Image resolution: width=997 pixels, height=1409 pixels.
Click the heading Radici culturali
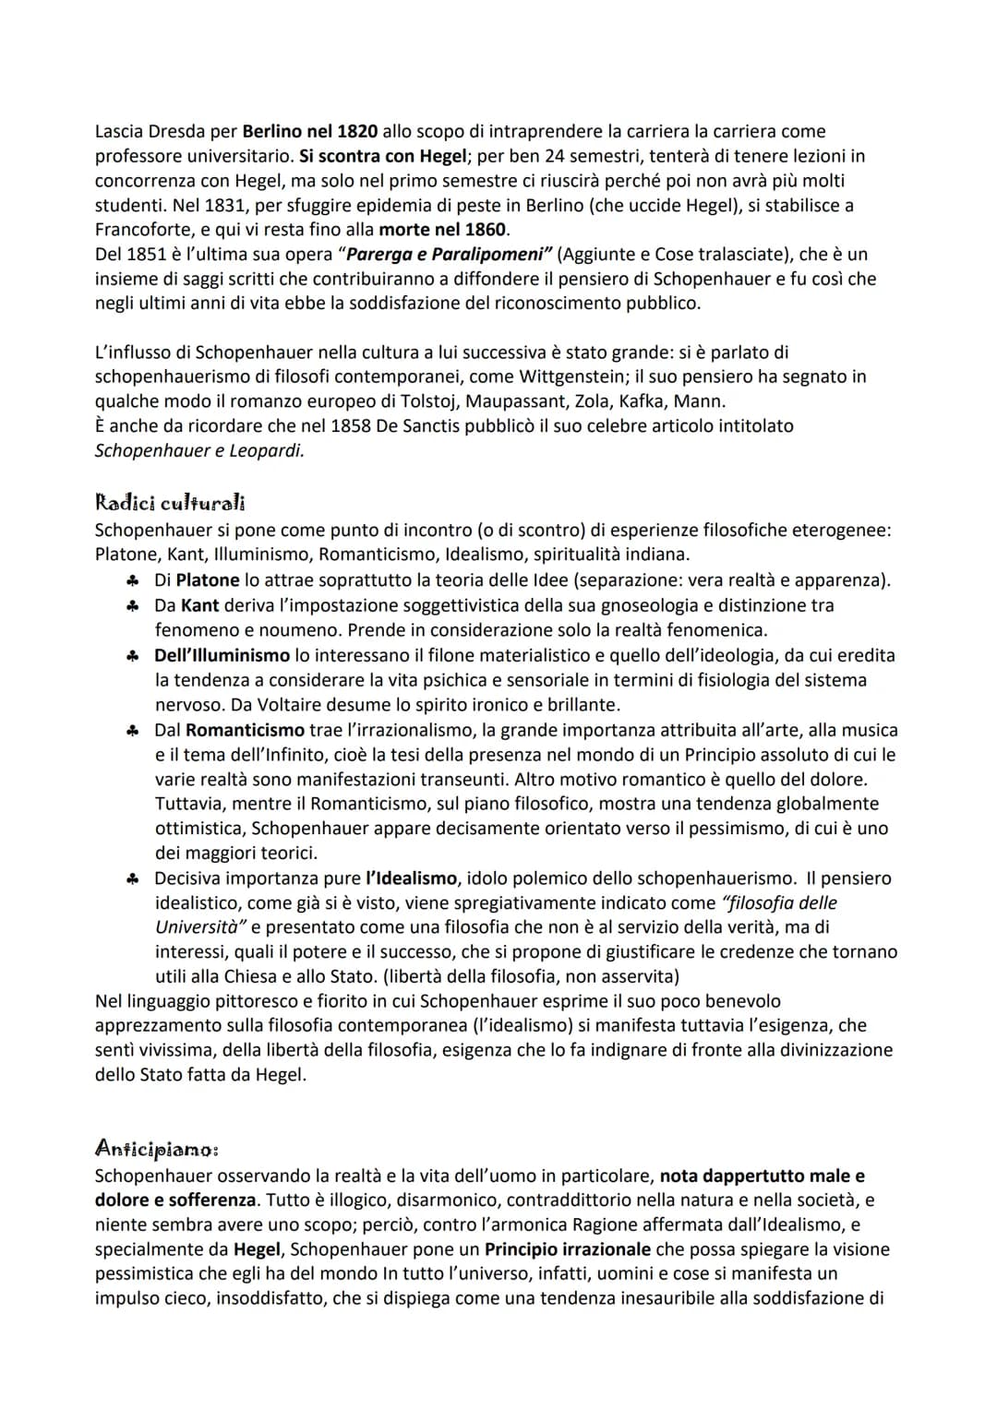coord(170,503)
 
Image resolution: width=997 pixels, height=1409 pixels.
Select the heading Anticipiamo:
coord(157,1149)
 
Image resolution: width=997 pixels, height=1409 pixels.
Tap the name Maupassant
coord(511,400)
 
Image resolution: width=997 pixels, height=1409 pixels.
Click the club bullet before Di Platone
coord(134,580)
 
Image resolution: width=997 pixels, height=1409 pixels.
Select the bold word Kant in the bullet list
coord(200,605)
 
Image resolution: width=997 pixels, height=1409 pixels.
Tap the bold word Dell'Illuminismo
coord(222,655)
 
